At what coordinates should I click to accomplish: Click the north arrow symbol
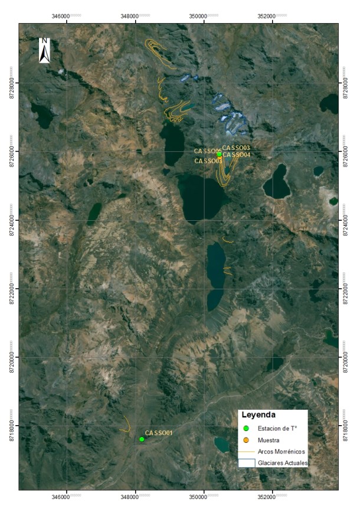click(x=44, y=50)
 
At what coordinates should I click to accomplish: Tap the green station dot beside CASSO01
click(x=142, y=439)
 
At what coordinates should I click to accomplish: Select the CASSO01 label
click(x=159, y=433)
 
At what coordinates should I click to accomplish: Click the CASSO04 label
click(x=237, y=155)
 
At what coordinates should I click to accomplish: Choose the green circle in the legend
click(x=247, y=428)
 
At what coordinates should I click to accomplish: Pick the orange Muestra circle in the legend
click(x=247, y=440)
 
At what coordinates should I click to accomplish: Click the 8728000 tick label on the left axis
click(x=12, y=83)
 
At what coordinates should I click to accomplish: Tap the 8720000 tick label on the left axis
click(x=12, y=358)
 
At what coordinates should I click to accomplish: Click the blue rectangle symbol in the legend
click(x=247, y=463)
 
